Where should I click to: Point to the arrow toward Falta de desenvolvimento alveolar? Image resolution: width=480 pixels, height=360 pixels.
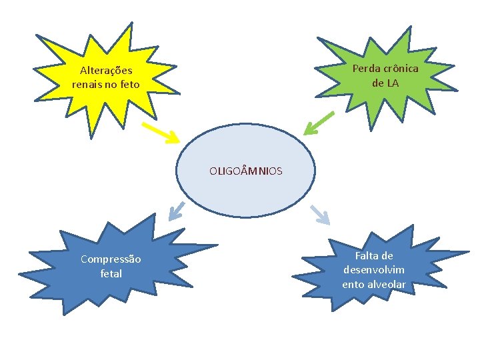tap(320, 214)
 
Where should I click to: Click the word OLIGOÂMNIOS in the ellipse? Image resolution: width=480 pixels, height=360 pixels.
tap(245, 171)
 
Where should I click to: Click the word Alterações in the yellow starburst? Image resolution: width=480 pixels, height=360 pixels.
tap(106, 71)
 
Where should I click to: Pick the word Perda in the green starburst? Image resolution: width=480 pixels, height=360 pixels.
tap(365, 69)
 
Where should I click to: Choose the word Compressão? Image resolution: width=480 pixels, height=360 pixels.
tap(111, 259)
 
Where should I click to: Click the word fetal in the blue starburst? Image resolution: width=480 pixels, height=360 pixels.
tap(111, 273)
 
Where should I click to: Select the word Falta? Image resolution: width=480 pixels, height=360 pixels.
tap(374, 256)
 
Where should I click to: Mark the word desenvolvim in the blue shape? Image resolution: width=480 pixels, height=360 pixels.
tap(374, 270)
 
